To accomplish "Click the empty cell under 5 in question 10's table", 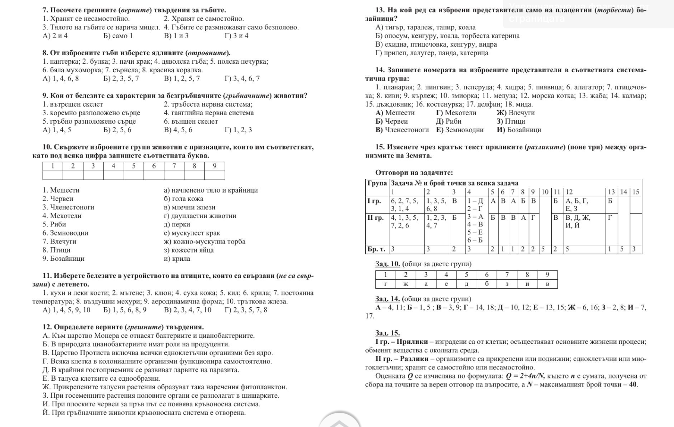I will [x=134, y=175].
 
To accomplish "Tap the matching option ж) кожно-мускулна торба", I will [x=204, y=242].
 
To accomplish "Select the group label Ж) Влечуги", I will [x=515, y=113].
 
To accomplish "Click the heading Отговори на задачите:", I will [x=414, y=173].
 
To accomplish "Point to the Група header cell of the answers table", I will [x=377, y=183].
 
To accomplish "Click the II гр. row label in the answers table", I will [x=376, y=218].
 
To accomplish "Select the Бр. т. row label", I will [x=376, y=249].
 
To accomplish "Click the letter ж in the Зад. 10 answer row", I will [x=405, y=284].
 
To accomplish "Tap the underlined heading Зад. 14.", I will [x=387, y=299].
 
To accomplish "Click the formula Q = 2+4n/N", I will [x=525, y=376].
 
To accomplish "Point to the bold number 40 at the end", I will [x=632, y=385].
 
